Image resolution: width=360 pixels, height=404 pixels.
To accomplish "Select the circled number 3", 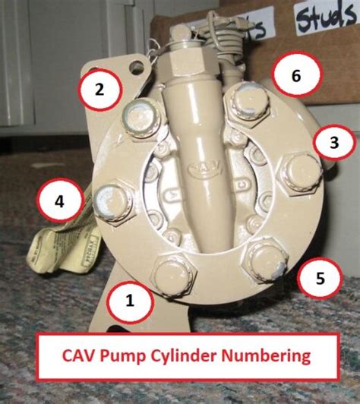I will pyautogui.click(x=334, y=141).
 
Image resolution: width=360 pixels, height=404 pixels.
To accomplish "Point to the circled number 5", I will pyautogui.click(x=318, y=279).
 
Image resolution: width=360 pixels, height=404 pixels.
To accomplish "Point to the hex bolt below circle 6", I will pyautogui.click(x=248, y=103).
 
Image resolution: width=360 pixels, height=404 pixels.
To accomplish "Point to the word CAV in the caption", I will pyautogui.click(x=95, y=355).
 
